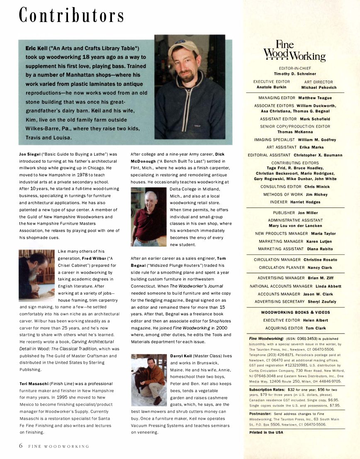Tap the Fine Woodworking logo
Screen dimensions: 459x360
click(295, 51)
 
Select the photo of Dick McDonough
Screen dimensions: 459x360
click(149, 216)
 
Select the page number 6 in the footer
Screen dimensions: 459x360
click(21, 446)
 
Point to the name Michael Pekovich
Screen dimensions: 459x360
click(319, 88)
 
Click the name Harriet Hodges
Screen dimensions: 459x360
click(306, 202)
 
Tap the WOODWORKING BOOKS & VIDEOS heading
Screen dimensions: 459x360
click(295, 312)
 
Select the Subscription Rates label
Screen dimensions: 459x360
click(266, 390)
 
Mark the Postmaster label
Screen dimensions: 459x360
click(260, 414)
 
